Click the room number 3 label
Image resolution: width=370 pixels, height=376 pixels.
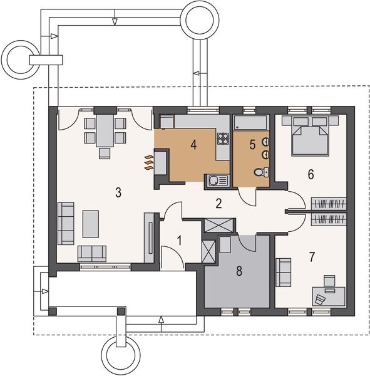pyautogui.click(x=118, y=192)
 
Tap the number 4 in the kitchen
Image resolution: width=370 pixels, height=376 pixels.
pyautogui.click(x=193, y=145)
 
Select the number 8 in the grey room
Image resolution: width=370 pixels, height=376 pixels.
pyautogui.click(x=239, y=271)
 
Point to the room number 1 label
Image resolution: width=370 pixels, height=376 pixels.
pyautogui.click(x=179, y=241)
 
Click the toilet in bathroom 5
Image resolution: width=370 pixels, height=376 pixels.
pyautogui.click(x=261, y=172)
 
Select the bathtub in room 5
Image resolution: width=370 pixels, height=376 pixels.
pyautogui.click(x=251, y=123)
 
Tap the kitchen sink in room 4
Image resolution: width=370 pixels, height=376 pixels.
pyautogui.click(x=217, y=180)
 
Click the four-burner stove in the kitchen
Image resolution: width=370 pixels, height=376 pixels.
pyautogui.click(x=223, y=138)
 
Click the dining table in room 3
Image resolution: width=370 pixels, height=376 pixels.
pyautogui.click(x=105, y=130)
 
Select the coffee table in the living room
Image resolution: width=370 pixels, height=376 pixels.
pyautogui.click(x=91, y=224)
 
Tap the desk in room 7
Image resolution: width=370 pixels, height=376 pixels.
pyautogui.click(x=329, y=296)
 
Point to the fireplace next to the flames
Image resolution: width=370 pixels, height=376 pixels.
pyautogui.click(x=161, y=162)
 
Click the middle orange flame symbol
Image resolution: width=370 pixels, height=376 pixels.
pyautogui.click(x=148, y=163)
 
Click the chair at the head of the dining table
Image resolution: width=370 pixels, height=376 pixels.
pyautogui.click(x=105, y=154)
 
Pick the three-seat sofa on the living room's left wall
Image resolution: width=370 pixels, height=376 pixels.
pyautogui.click(x=66, y=224)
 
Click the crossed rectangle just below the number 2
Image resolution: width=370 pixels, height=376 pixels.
pyautogui.click(x=218, y=226)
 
